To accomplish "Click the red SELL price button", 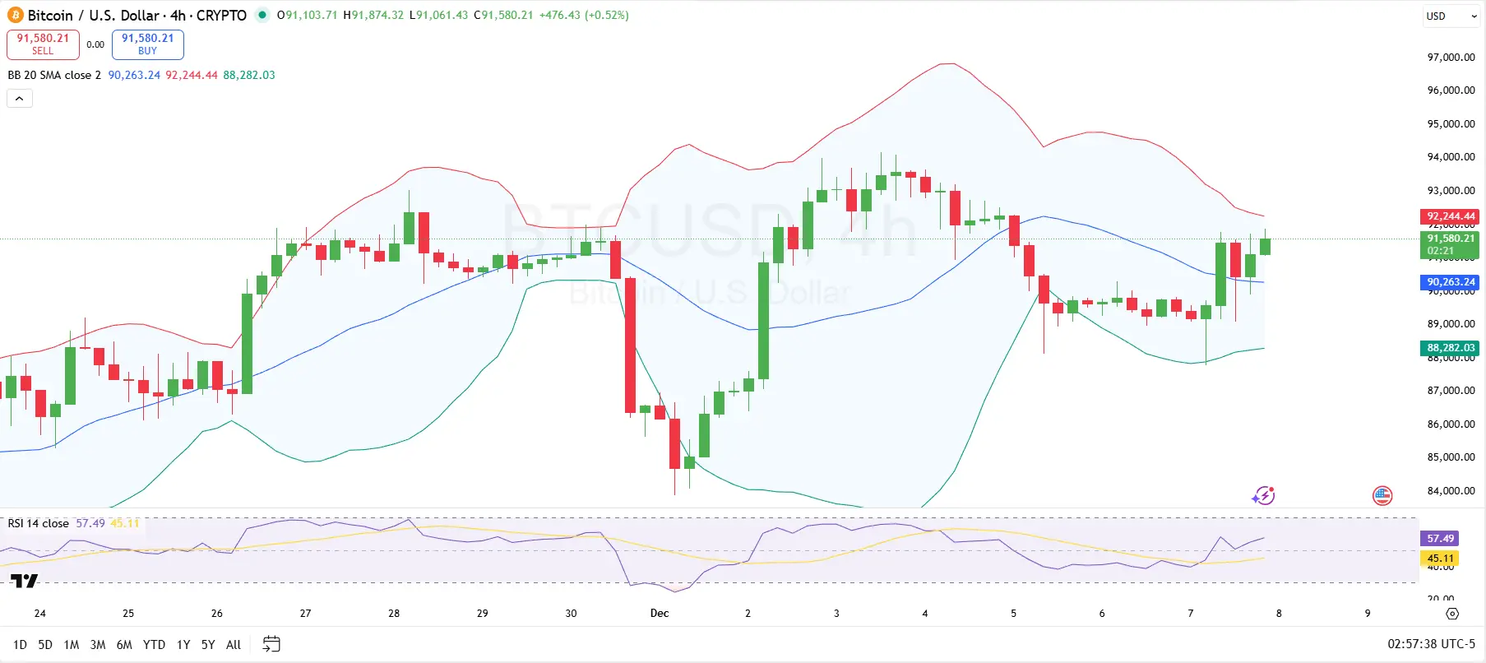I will click(43, 44).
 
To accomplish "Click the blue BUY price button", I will click(148, 44).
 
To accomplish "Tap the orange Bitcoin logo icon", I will click(15, 16).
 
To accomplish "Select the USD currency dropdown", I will click(1451, 16).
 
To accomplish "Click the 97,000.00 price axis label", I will click(1451, 58).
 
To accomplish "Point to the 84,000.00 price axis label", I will click(1451, 491).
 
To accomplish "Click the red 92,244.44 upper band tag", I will click(1450, 216).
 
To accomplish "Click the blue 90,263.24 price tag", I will click(1450, 282).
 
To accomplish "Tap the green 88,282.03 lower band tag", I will click(1450, 348).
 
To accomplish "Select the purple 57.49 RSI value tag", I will click(1440, 539).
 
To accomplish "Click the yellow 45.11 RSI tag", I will click(1440, 559).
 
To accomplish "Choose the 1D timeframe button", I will click(20, 645).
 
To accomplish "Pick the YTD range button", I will click(154, 645).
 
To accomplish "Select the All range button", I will click(234, 645).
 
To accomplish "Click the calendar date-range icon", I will click(271, 644).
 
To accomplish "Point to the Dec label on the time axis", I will click(660, 614).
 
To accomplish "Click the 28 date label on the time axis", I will click(394, 614).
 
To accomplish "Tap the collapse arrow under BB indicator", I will click(20, 99).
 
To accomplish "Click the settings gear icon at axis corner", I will click(1452, 614).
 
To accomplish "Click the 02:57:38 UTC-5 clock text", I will click(1431, 644).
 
